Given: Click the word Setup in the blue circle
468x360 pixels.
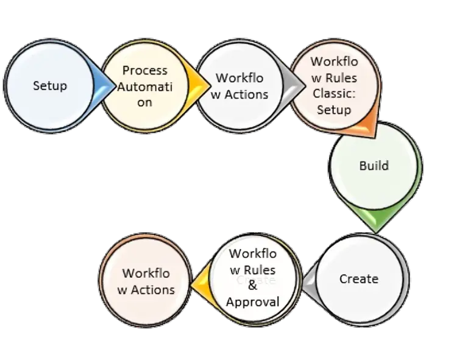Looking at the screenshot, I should tap(50, 85).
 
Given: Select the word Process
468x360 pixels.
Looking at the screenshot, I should tap(144, 70).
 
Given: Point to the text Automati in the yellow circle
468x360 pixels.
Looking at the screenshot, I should tap(145, 86).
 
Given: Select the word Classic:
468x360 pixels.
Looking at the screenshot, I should tap(334, 94).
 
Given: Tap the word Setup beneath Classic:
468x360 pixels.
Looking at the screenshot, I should tap(334, 110).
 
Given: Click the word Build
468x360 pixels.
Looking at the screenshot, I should tap(374, 166).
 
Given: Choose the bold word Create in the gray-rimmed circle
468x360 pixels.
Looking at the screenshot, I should tap(359, 278).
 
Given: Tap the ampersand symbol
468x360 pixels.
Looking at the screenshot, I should tap(252, 286).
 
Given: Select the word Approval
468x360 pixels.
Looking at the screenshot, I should tap(252, 302).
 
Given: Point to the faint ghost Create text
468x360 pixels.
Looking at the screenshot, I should tap(257, 280).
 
